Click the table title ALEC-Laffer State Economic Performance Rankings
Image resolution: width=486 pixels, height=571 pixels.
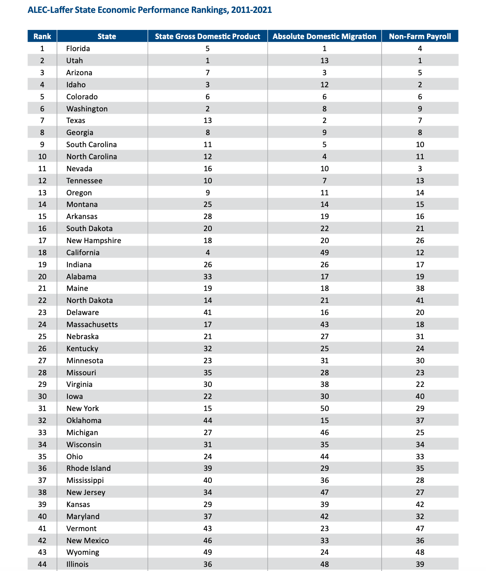tap(150, 10)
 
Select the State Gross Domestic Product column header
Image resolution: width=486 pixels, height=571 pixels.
tap(208, 37)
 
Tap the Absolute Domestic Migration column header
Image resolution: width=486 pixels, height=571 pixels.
tap(324, 37)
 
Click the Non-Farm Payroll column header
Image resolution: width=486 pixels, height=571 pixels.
tap(420, 37)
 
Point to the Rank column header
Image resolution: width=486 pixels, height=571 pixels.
tap(42, 37)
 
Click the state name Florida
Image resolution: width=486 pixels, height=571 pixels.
tap(78, 49)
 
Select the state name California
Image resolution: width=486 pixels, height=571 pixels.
tap(83, 253)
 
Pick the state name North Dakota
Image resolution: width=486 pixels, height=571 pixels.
tap(89, 300)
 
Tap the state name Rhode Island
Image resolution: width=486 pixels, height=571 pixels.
tap(89, 468)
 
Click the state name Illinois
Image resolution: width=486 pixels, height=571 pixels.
tap(77, 564)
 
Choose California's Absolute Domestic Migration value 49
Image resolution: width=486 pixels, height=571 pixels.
tap(325, 253)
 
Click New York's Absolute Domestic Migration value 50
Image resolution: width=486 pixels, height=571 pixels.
tap(325, 409)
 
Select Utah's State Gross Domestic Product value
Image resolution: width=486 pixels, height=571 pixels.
tap(208, 61)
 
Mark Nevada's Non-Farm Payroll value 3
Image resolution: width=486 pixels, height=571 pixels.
tap(420, 169)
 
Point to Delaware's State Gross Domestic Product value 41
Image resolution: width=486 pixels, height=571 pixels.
tap(208, 313)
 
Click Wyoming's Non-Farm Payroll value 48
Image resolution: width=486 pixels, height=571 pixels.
tap(420, 552)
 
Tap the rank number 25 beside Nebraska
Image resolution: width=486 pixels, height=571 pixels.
tap(42, 337)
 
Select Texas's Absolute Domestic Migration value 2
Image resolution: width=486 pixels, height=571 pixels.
tap(325, 121)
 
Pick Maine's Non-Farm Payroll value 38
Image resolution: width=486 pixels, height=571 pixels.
tap(420, 288)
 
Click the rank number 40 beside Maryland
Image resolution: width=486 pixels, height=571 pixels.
tap(42, 517)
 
